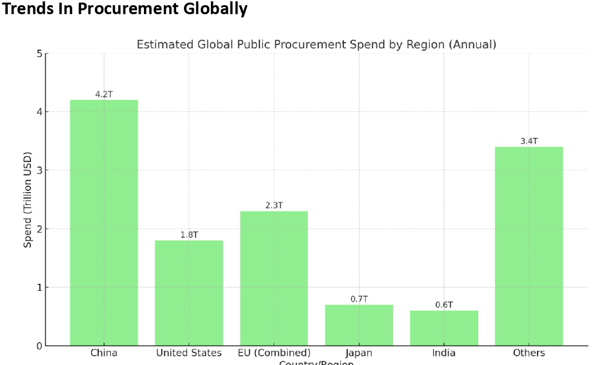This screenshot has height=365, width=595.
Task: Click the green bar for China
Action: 104,222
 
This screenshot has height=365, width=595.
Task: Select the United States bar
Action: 189,293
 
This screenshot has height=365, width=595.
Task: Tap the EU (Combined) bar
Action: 274,278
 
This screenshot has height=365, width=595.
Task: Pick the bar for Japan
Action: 359,325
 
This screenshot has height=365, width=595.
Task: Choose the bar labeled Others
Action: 529,246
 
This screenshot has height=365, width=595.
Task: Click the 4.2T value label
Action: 104,94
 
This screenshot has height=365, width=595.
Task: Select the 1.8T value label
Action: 189,235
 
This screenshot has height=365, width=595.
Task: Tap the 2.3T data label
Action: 274,206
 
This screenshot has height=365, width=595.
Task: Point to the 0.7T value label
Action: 359,299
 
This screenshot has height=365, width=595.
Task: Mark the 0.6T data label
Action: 444,305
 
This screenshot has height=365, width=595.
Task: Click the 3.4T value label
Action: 529,141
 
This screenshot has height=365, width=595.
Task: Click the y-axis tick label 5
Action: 39,54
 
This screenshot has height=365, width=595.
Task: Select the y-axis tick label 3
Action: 39,170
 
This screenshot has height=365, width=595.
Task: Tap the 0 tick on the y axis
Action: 39,346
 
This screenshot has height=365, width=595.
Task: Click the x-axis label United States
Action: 189,353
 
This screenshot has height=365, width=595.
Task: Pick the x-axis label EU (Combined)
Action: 274,353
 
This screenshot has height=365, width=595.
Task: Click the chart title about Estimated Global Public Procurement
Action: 316,44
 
